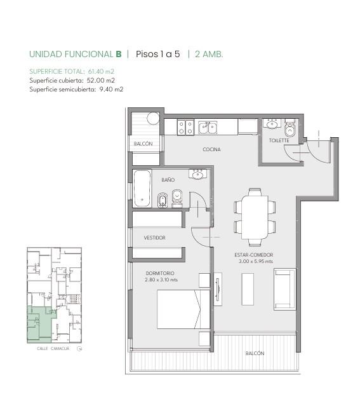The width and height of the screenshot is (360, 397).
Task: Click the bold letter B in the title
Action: tap(119, 54)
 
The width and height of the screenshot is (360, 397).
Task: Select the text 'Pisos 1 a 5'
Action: tap(157, 54)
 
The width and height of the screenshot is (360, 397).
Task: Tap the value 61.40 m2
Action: tap(101, 71)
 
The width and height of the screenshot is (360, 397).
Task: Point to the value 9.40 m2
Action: tap(111, 89)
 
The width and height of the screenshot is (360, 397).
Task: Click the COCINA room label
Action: tap(211, 149)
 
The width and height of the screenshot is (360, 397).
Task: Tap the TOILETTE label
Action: tap(279, 140)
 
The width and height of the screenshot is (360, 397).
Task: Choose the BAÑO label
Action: tap(168, 180)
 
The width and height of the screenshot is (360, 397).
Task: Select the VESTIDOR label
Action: tap(154, 238)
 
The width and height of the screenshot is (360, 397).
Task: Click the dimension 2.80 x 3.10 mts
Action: tap(161, 279)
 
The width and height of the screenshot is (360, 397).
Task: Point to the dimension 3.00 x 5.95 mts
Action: tap(256, 261)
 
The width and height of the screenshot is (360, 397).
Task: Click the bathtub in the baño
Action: tap(142, 189)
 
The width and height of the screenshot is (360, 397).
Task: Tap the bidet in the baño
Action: tap(162, 200)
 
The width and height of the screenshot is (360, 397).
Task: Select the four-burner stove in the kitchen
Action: tap(185, 127)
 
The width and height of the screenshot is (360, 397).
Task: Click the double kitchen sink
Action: tap(208, 127)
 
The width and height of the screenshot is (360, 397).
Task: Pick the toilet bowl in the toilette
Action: tap(290, 128)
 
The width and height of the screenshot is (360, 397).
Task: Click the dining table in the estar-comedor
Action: tap(255, 217)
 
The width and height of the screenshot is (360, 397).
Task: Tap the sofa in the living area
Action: tap(284, 289)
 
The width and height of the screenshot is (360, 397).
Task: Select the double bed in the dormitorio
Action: tap(183, 309)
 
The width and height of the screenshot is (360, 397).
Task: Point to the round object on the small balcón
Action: tap(153, 118)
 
